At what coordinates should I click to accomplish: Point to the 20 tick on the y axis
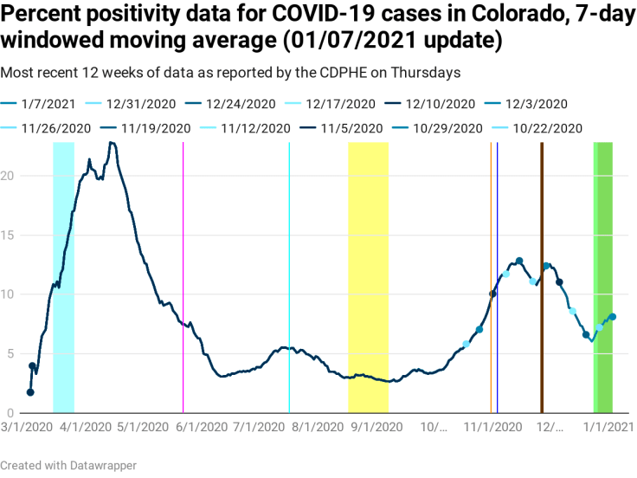tap(9, 176)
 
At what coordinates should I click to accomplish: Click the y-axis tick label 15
tap(9, 235)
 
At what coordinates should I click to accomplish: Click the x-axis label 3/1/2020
tap(26, 427)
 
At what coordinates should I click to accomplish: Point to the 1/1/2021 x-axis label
tap(607, 427)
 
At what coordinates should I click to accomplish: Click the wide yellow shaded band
tap(368, 277)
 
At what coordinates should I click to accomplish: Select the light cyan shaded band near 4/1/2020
tap(63, 277)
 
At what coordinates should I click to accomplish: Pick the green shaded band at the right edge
tap(603, 277)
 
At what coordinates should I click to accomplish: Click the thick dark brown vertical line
tap(542, 277)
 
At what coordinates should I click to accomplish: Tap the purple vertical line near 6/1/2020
tap(183, 277)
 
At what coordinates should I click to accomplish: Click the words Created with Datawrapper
tap(68, 466)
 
